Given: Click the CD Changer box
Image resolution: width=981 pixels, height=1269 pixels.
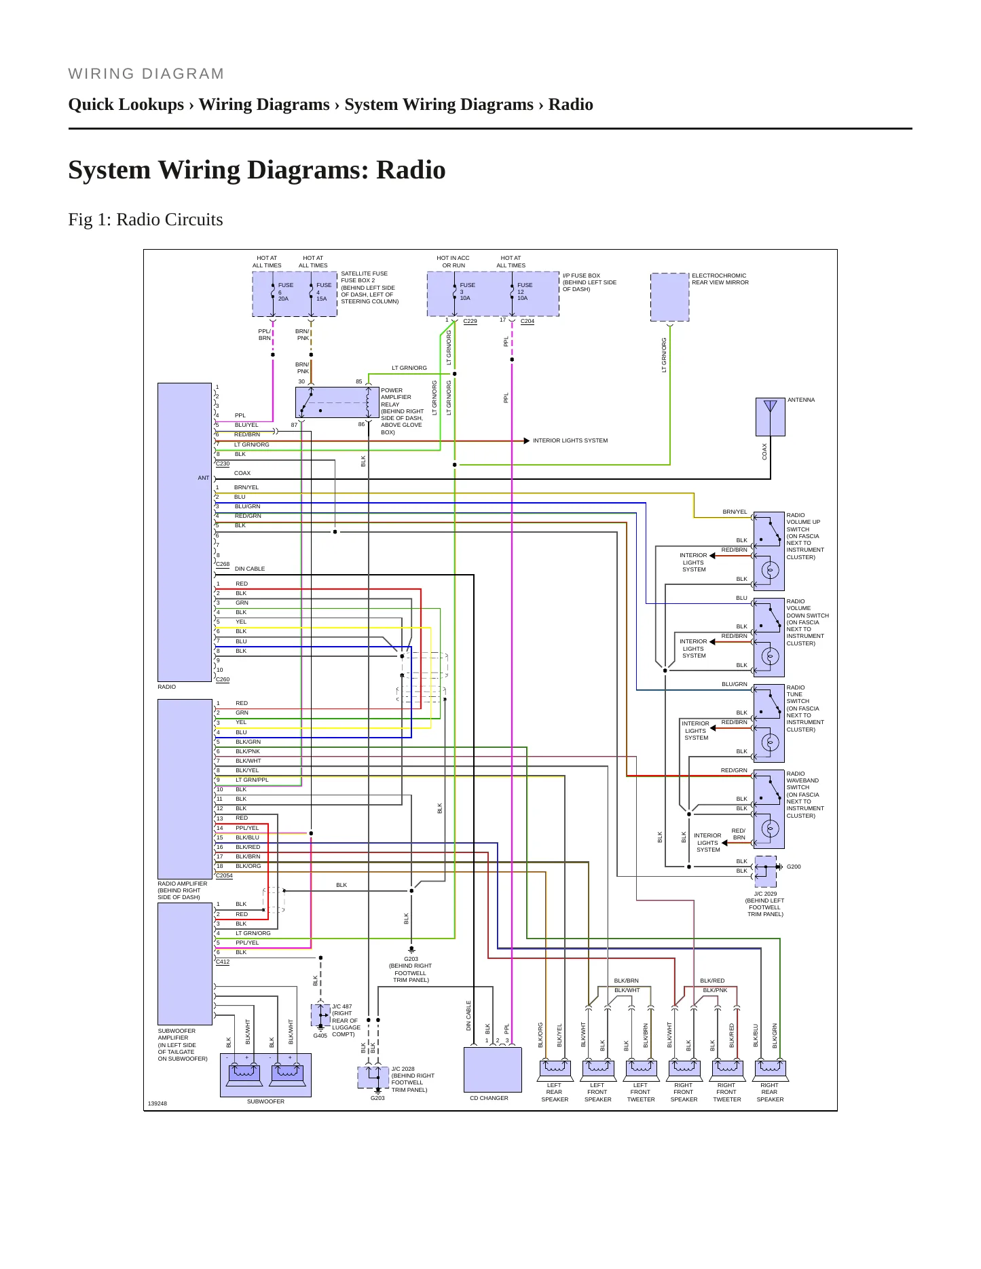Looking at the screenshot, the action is coord(492,1069).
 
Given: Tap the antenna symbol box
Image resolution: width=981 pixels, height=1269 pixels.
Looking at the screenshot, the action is coord(770,417).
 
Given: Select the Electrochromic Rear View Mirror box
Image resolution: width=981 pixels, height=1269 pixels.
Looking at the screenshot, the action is coord(669,297).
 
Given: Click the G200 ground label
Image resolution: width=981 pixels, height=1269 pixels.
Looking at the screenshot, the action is coord(794,867).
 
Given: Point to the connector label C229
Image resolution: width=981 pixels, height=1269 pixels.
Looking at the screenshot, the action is coord(470,321).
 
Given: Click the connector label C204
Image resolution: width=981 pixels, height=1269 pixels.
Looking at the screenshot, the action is coord(527,321).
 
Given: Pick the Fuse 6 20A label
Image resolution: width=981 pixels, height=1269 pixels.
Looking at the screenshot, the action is coord(285,292).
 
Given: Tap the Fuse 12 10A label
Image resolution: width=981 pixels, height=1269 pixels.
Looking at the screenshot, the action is coord(524,292).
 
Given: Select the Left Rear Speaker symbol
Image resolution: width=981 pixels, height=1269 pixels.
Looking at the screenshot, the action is coord(555,1070).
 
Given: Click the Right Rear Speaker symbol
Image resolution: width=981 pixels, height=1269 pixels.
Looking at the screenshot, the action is coord(770,1070).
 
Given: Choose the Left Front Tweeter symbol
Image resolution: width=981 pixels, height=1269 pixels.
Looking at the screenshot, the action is coord(641,1070).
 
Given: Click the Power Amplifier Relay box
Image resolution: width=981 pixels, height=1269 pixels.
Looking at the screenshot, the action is coord(337,402).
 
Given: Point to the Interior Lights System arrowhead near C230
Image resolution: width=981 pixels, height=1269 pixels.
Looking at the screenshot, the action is coord(527,441).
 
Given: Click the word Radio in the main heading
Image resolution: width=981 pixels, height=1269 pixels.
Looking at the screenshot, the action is coord(411,170).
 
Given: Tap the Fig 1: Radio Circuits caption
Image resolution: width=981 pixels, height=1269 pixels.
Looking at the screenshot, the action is coord(145,219).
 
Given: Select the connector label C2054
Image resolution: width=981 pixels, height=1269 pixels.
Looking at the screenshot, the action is coord(224,875).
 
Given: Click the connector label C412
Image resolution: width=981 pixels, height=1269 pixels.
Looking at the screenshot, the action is coord(223,962).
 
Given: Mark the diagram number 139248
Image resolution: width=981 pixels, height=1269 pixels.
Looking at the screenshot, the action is coord(157,1103).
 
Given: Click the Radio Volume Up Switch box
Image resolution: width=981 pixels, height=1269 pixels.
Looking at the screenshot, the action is coord(769,551).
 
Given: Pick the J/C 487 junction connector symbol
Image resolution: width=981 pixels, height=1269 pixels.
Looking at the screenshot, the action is coord(320,1015).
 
